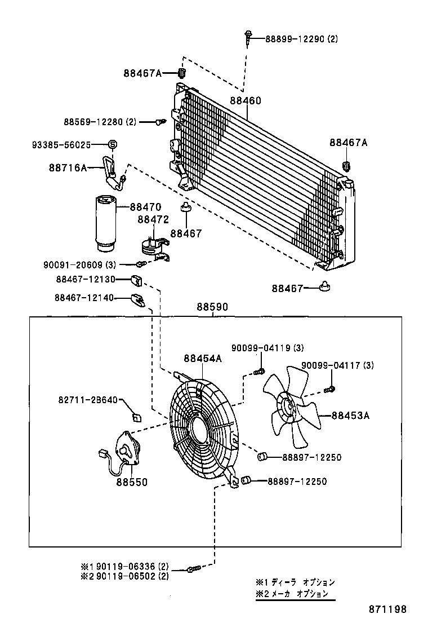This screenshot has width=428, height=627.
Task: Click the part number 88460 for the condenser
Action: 245,101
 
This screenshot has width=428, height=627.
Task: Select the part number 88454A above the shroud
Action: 202,359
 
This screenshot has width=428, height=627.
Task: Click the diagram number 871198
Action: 387,609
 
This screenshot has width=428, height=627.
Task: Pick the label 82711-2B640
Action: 87,400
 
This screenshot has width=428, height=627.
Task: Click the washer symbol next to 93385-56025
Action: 112,145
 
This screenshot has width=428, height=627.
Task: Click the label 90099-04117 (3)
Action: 337,366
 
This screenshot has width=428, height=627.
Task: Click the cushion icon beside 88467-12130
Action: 136,279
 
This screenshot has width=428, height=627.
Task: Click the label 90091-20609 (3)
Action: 79,264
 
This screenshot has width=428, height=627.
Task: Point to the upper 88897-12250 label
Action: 311,457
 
